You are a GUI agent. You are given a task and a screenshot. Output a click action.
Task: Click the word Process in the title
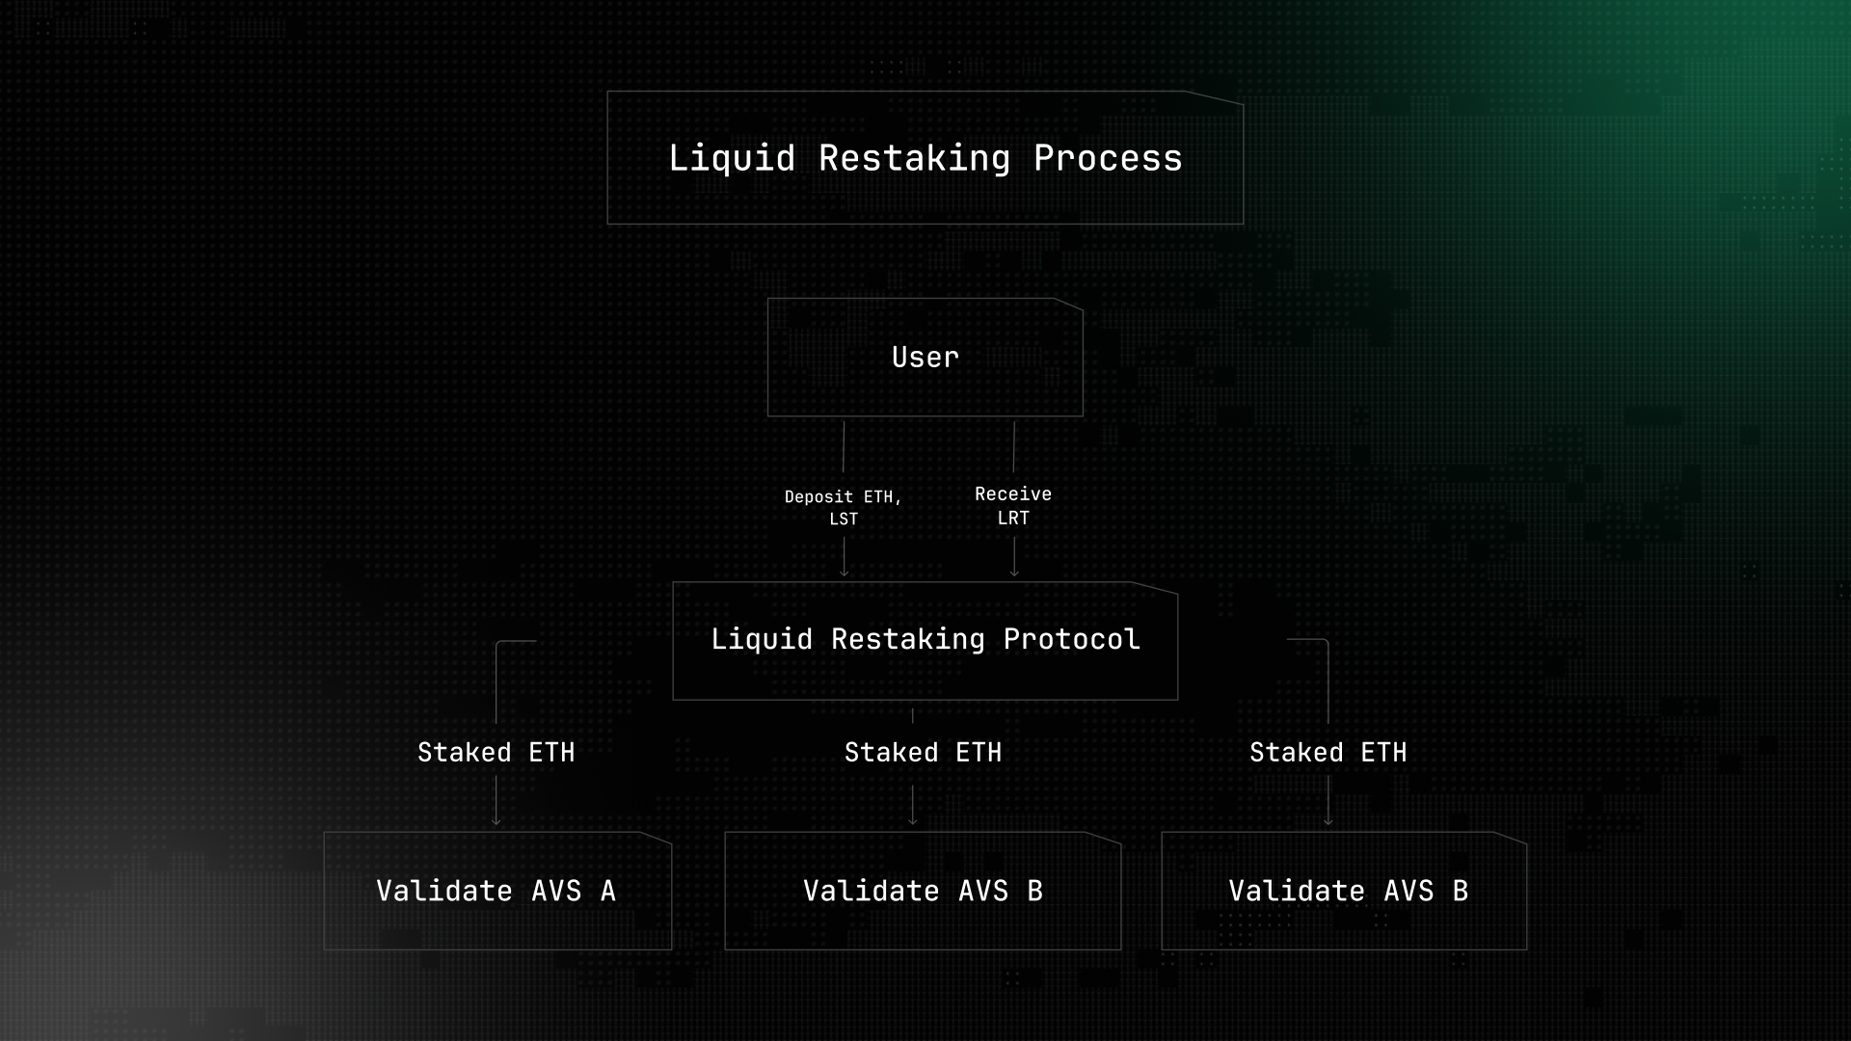click(1108, 158)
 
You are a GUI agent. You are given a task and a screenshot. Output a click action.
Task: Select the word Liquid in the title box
click(732, 159)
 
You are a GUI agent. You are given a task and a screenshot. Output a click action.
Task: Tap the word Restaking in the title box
click(914, 159)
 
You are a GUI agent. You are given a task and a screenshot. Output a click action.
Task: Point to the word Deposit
click(818, 497)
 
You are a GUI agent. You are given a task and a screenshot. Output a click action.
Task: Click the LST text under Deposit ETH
click(844, 519)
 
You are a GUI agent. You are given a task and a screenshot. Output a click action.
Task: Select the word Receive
click(1013, 494)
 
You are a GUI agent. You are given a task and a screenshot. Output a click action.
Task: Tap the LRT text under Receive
click(1013, 518)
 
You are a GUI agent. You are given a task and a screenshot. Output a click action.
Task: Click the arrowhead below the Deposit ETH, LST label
click(845, 573)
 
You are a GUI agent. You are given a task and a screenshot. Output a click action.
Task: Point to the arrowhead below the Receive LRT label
click(1014, 573)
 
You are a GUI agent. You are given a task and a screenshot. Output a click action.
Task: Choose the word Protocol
click(1072, 639)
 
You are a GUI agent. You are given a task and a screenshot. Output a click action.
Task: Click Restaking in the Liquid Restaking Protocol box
click(908, 640)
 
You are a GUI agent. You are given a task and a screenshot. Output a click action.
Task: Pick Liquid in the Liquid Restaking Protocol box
click(762, 640)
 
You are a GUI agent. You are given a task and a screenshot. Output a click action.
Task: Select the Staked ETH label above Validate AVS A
click(496, 753)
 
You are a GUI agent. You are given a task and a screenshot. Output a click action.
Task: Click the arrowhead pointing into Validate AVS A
click(496, 820)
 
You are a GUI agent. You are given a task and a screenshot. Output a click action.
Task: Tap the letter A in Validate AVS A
click(607, 891)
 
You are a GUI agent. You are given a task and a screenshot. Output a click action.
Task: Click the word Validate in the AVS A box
click(444, 891)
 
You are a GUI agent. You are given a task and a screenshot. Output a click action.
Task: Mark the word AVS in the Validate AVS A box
click(557, 891)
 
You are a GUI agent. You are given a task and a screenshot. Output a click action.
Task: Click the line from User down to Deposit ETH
click(844, 446)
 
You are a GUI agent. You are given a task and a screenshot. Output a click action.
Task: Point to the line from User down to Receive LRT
click(1014, 446)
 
